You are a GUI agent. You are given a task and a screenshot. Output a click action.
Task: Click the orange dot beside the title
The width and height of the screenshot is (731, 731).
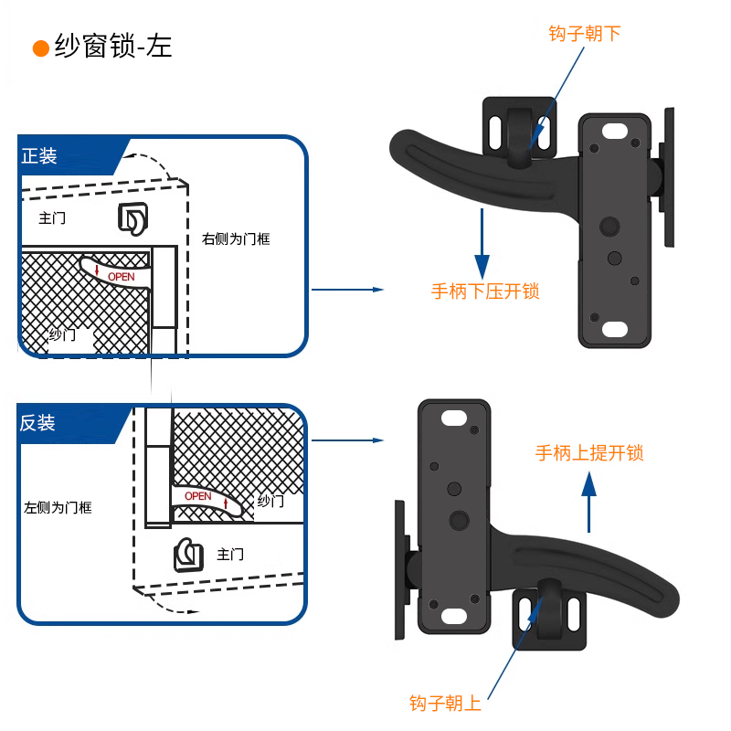click(40, 48)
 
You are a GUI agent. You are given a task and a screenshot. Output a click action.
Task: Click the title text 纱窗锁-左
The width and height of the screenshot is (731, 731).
click(112, 47)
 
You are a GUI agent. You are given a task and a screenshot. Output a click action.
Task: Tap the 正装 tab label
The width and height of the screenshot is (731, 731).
click(39, 156)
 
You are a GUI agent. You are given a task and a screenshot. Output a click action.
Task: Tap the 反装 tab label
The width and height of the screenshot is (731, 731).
click(38, 423)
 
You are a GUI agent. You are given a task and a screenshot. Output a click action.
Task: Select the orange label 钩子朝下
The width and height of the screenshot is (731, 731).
click(584, 34)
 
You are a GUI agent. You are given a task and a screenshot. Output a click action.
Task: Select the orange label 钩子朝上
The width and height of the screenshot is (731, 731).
click(445, 703)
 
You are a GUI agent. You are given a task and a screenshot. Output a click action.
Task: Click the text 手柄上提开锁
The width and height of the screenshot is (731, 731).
click(589, 452)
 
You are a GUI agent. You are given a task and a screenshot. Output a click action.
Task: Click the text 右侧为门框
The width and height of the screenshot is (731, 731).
click(236, 239)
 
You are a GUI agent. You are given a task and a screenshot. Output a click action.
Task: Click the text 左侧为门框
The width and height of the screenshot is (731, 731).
click(58, 507)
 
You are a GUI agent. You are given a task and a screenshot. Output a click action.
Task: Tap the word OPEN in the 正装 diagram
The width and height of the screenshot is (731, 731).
click(121, 276)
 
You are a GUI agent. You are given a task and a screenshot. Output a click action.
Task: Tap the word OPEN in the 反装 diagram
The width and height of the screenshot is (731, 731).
click(197, 496)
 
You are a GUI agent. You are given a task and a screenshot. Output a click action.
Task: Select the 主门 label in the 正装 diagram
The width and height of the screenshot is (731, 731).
click(52, 218)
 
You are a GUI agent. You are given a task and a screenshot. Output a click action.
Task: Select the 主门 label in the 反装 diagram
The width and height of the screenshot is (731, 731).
click(230, 554)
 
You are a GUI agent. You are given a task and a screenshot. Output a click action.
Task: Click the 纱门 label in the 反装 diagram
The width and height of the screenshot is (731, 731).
click(270, 501)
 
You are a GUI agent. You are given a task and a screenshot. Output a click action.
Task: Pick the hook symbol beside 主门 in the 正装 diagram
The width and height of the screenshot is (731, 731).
click(132, 217)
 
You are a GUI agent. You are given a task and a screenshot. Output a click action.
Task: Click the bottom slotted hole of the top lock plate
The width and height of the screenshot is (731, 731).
click(615, 328)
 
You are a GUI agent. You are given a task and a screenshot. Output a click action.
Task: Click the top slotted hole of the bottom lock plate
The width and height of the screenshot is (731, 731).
click(452, 419)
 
